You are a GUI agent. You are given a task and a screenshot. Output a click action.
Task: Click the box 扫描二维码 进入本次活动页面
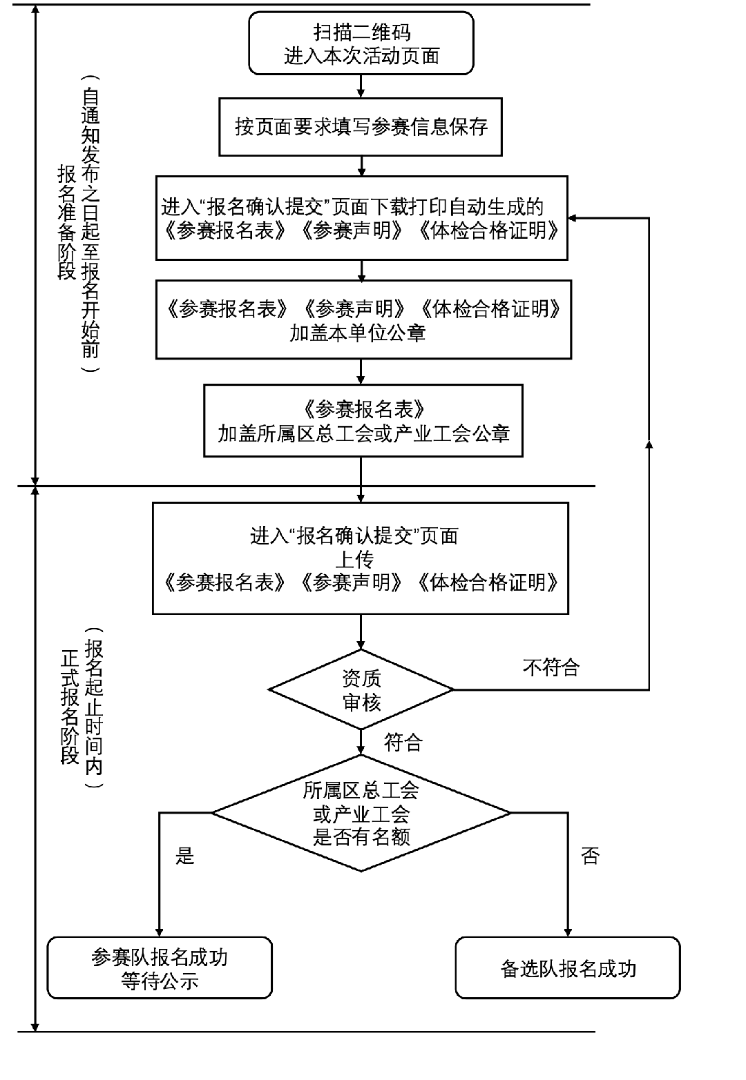pyautogui.click(x=361, y=43)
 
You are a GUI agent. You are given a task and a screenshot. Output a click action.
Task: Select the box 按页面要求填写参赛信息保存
pyautogui.click(x=361, y=127)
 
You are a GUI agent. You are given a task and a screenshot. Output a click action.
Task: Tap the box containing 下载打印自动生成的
pyautogui.click(x=361, y=218)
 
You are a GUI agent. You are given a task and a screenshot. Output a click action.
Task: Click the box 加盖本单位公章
pyautogui.click(x=363, y=320)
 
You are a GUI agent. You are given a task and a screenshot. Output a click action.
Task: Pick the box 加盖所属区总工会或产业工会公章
pyautogui.click(x=363, y=421)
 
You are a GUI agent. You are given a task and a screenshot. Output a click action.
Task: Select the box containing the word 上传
pyautogui.click(x=360, y=558)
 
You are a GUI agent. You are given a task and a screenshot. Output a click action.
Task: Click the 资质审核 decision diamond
pyautogui.click(x=361, y=689)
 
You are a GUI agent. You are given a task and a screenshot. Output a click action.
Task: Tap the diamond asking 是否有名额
pyautogui.click(x=361, y=813)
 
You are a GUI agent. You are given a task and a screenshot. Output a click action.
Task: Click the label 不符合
pyautogui.click(x=551, y=667)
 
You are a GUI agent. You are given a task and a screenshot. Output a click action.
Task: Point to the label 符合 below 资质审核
pyautogui.click(x=403, y=743)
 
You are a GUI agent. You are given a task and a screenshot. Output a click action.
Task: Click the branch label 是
pyautogui.click(x=185, y=856)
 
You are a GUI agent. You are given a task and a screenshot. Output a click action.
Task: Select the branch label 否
pyautogui.click(x=589, y=856)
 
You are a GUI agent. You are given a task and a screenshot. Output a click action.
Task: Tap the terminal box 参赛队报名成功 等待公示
pyautogui.click(x=160, y=968)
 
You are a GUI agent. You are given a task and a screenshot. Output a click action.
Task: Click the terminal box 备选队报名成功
pyautogui.click(x=568, y=968)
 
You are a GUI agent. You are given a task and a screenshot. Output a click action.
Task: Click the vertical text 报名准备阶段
pyautogui.click(x=66, y=222)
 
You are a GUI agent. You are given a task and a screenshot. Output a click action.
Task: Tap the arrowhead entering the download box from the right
pyautogui.click(x=574, y=218)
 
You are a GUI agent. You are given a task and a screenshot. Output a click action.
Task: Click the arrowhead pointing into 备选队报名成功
pyautogui.click(x=568, y=931)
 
